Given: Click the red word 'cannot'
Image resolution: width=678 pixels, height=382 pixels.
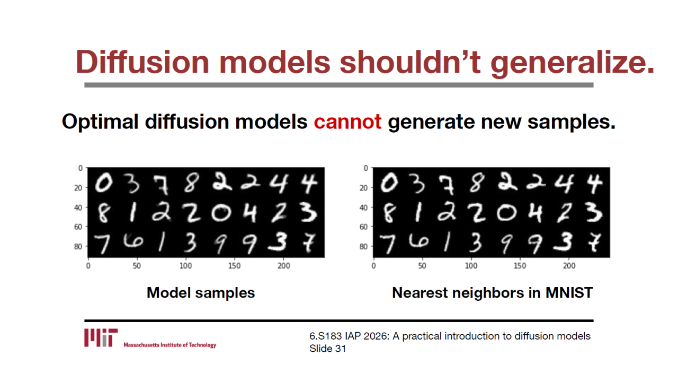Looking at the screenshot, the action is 347,122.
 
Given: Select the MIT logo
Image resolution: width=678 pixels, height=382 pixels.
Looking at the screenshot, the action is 101,337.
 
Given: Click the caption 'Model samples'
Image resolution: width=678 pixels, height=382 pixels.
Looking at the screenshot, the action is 201,293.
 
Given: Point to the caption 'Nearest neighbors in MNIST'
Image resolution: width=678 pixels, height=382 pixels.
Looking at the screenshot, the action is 492,293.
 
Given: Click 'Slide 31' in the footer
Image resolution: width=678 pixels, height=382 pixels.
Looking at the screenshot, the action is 327,349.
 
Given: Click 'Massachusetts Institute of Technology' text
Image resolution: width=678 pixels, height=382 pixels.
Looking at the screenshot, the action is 170,345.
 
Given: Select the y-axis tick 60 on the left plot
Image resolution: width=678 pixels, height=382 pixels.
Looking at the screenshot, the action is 78,227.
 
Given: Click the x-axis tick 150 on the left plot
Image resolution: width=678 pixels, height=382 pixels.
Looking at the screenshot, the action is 234,266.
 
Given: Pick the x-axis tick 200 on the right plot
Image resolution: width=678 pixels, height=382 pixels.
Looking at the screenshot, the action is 569,266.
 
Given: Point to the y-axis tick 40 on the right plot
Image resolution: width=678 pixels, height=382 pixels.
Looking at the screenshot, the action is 363,207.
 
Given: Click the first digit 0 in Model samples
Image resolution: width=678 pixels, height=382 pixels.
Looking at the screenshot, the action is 104,183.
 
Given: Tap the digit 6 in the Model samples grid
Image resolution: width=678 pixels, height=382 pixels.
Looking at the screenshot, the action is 132,241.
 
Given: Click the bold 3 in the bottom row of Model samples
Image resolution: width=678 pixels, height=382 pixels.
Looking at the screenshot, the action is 278,242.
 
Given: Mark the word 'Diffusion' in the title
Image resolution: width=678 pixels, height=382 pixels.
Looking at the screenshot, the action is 142,62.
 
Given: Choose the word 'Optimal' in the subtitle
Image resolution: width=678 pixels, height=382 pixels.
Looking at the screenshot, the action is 100,122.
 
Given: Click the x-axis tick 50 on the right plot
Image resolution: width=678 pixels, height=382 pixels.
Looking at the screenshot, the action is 422,266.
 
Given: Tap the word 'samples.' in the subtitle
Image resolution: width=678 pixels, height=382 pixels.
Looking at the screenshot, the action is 572,123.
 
